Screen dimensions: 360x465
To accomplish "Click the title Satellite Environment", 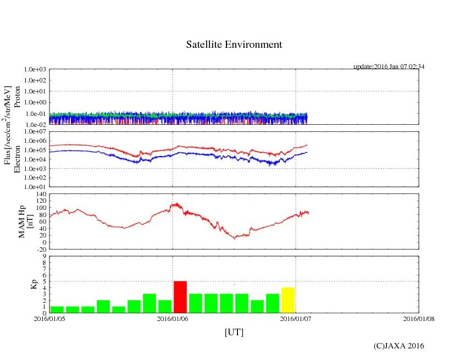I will coord(234,45).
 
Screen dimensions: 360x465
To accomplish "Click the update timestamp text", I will coord(389,67).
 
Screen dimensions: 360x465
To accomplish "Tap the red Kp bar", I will coord(180,297).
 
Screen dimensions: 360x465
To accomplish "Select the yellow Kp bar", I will coord(288,300).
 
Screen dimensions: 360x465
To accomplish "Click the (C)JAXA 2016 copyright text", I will coord(398,346).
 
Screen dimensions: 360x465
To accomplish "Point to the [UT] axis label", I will coord(234,332).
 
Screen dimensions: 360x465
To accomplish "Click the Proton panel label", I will coord(17,97).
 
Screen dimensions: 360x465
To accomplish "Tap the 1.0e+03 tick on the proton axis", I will coord(36,70).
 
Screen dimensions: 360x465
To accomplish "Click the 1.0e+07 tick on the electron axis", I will coord(36,132).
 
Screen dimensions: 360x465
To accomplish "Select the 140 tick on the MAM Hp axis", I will coord(40,195).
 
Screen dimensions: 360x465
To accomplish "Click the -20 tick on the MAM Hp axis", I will coord(40,249).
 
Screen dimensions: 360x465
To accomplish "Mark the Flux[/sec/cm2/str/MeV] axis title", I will coord(8,126).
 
